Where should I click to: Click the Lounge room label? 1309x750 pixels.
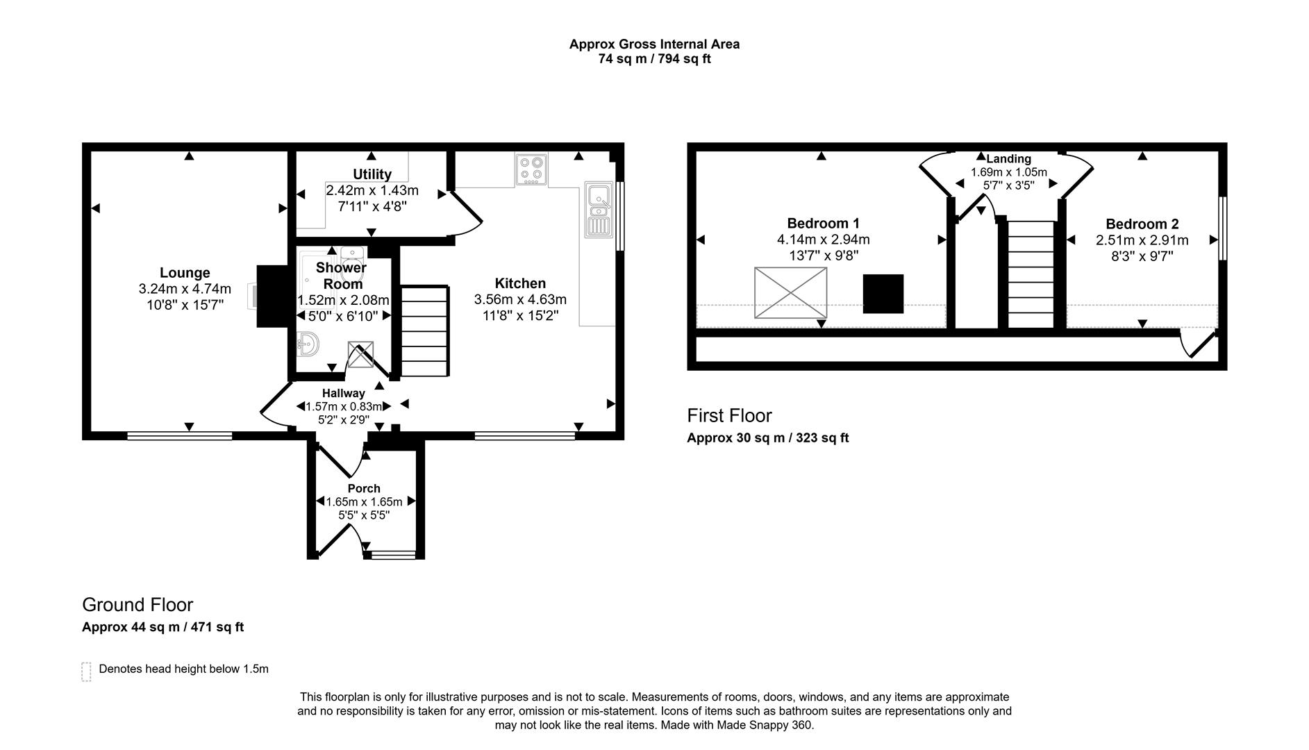pos(185,273)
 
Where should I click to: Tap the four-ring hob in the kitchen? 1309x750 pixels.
pos(531,169)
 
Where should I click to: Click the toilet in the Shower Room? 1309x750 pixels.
pos(352,262)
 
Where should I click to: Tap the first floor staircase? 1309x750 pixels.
pos(1031,274)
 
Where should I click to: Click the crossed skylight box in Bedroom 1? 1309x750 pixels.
pos(790,293)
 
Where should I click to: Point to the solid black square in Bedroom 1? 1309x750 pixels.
pos(883,294)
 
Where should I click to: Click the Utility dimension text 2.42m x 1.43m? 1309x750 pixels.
pos(372,190)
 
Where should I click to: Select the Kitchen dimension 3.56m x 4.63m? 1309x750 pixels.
pos(520,300)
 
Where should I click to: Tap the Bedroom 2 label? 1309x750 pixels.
pos(1142,224)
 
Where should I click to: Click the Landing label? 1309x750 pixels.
pos(1008,159)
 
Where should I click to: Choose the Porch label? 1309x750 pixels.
pos(364,488)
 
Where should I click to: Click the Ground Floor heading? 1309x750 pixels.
pos(137,604)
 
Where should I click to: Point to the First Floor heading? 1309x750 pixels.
pos(729,415)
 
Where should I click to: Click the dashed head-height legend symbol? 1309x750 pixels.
pos(86,672)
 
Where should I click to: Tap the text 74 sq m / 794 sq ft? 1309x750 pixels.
pos(654,59)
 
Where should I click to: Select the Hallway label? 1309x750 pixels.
pos(343,393)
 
